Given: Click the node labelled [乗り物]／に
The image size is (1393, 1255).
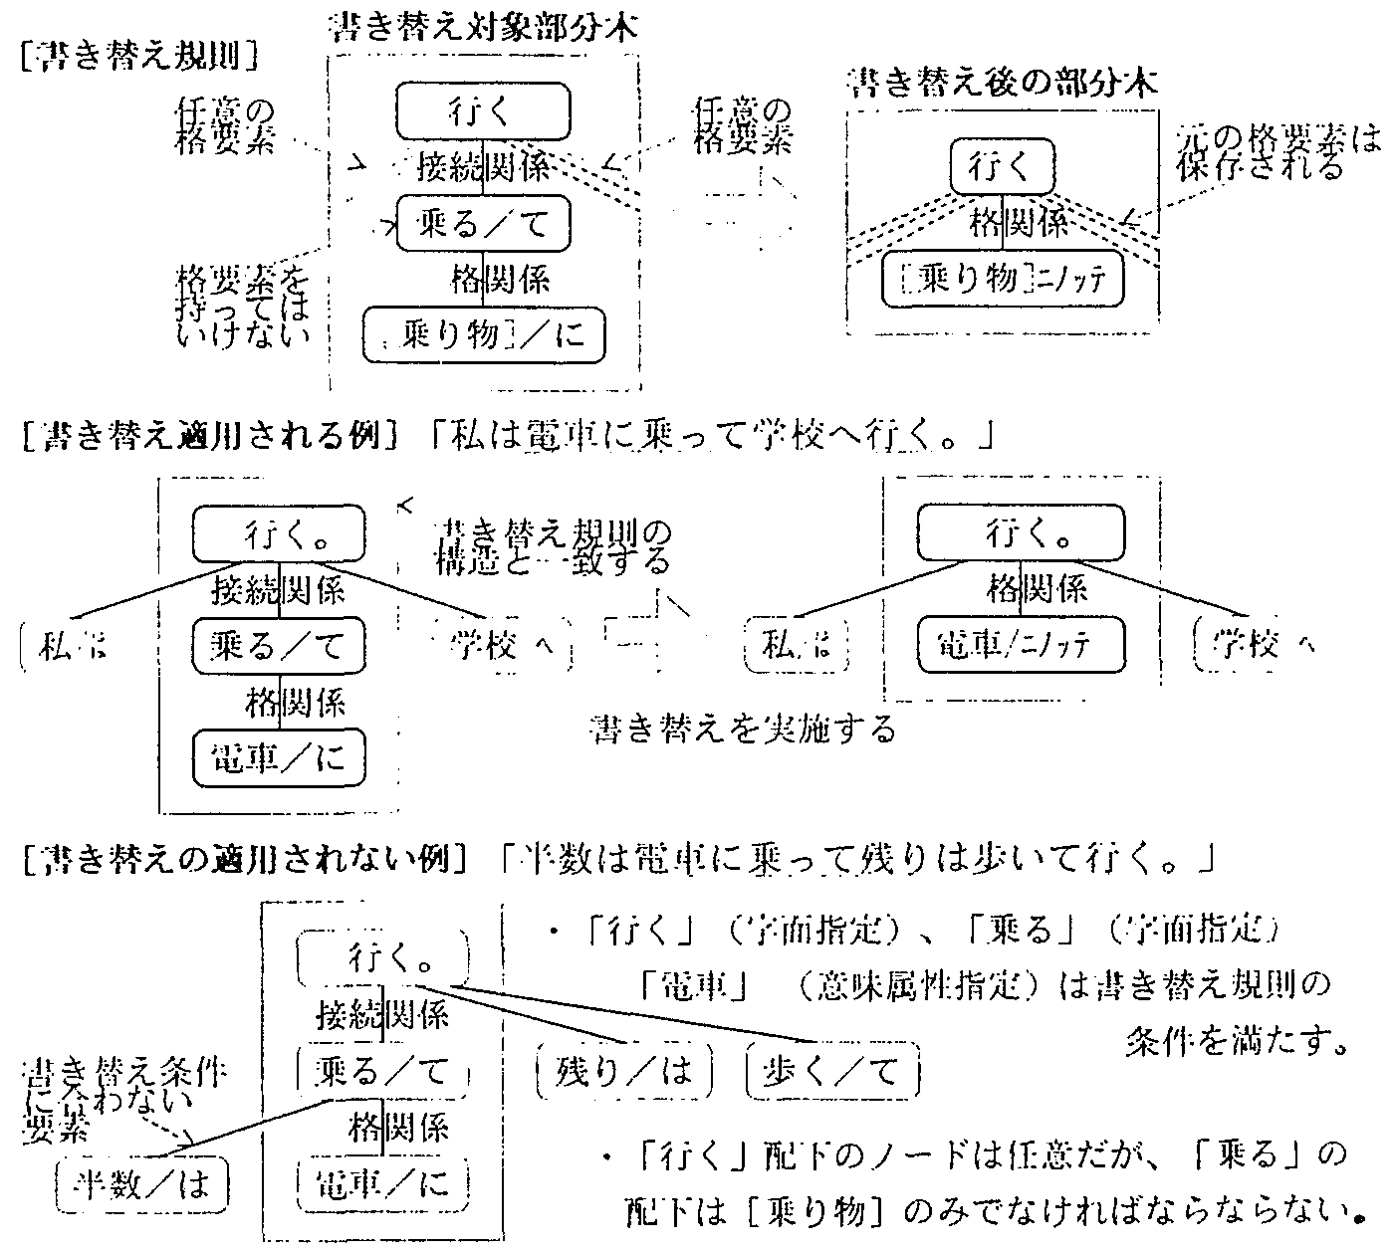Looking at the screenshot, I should [484, 333].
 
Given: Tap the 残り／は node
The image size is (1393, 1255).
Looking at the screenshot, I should [624, 1071].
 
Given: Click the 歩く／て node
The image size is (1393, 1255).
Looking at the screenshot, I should [830, 1071].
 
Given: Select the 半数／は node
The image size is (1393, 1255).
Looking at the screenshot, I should [142, 1184].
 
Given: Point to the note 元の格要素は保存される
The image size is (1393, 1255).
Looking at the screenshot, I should [1277, 150].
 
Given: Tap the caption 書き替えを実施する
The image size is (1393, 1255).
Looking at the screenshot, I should [742, 730].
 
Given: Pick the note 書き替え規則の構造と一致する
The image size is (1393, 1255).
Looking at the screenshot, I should [553, 544].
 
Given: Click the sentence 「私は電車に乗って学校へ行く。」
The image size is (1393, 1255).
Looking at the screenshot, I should [712, 434].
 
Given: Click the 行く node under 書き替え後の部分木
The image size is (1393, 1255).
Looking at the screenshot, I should [1002, 165].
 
